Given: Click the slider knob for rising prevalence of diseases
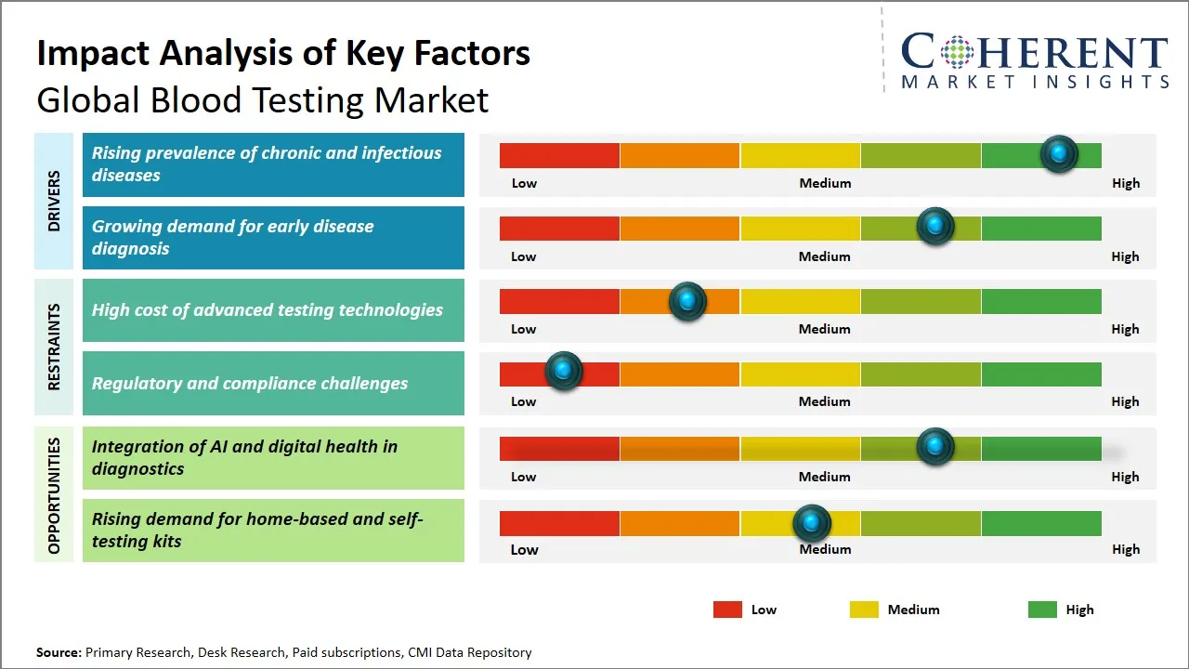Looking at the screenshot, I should [1059, 154].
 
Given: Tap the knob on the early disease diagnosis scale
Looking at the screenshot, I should [935, 227].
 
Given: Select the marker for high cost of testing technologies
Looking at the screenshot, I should [687, 301].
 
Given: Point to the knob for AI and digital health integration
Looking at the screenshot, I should [935, 447].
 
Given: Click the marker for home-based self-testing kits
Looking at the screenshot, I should [812, 523].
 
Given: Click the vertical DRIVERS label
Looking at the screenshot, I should [54, 201].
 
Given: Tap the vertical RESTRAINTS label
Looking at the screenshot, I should [54, 347].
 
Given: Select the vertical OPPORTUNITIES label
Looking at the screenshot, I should [54, 495].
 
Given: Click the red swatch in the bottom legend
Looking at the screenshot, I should [727, 610].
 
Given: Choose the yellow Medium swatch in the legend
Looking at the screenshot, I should [864, 610].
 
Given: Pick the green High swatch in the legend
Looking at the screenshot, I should [1042, 610].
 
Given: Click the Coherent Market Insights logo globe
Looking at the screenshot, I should [956, 52].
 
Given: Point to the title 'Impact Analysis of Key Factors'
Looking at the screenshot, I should [283, 53].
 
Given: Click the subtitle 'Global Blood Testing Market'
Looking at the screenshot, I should [262, 99].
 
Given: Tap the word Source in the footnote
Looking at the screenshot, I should [59, 652].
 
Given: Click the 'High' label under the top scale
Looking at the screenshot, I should [1125, 183].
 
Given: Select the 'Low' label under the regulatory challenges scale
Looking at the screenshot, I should [523, 401].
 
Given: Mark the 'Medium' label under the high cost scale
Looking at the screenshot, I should [824, 329].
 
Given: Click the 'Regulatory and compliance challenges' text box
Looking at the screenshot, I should [273, 383].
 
